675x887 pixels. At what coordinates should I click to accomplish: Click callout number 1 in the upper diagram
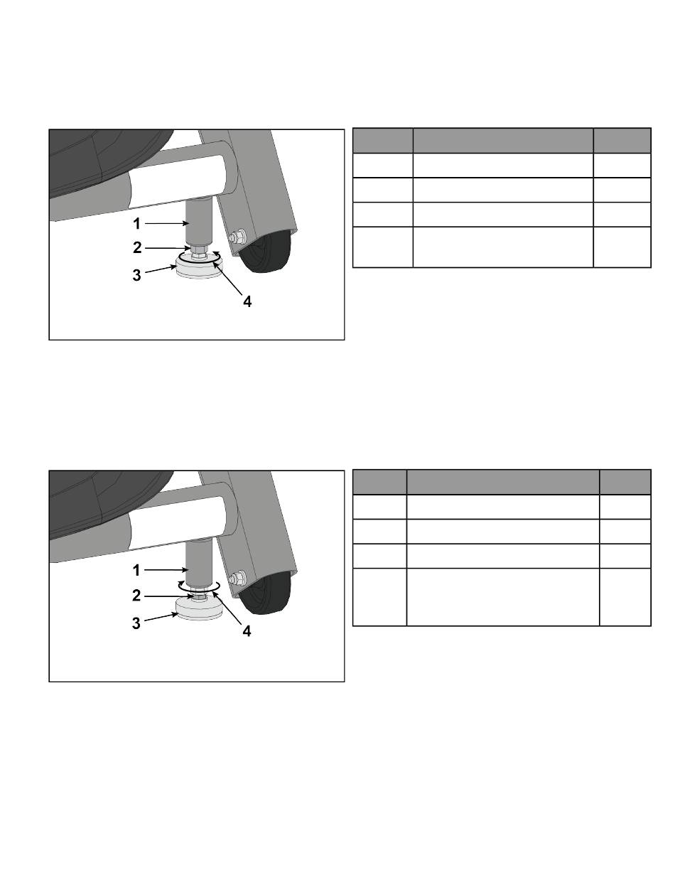coord(137,223)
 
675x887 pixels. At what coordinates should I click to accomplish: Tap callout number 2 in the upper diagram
coord(137,248)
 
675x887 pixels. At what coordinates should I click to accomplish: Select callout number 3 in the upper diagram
coord(137,275)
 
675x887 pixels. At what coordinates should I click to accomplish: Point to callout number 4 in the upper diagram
coord(247,301)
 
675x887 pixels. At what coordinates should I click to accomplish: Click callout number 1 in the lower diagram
coord(136,570)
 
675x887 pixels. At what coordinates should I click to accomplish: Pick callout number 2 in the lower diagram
coord(136,596)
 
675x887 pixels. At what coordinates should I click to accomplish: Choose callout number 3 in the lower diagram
coord(136,623)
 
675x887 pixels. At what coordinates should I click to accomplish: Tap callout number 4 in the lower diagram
coord(247,631)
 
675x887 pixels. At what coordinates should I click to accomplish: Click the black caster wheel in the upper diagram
coord(264,252)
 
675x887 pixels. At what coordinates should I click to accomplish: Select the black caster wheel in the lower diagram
coord(264,593)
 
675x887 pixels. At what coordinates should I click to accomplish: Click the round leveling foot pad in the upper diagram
coord(199,267)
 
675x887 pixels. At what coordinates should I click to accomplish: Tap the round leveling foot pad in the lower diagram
coord(199,610)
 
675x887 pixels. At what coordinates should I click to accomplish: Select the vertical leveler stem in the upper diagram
coord(198,222)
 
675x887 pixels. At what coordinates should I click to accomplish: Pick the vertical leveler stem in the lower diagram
coord(198,565)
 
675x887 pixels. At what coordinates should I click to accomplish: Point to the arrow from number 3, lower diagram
coord(161,617)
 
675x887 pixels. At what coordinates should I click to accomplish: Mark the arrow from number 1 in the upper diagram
coord(166,223)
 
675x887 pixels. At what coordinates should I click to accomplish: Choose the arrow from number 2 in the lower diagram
coord(169,596)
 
